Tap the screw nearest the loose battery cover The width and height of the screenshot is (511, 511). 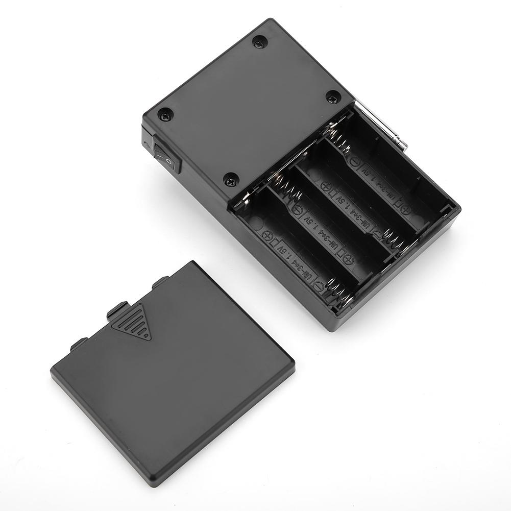tap(230, 180)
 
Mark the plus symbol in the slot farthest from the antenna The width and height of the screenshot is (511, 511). tap(267, 236)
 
